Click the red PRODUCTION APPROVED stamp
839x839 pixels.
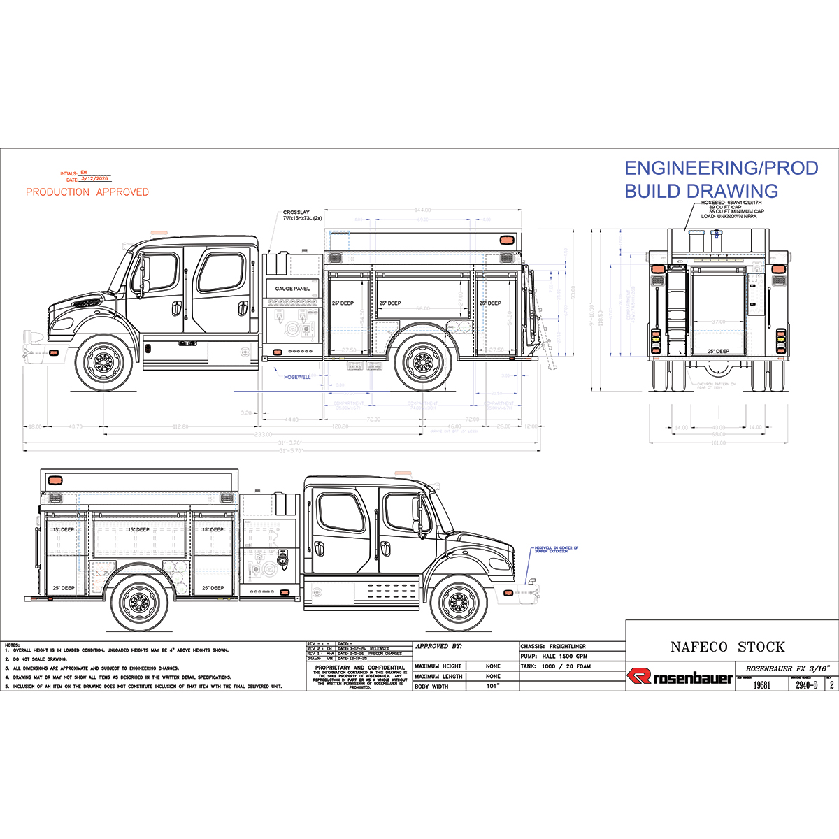tap(87, 192)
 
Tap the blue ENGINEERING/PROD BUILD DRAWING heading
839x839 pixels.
tap(720, 180)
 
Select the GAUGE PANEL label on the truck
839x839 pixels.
tap(292, 289)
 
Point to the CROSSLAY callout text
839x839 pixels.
tap(302, 215)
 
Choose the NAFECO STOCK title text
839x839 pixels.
tap(727, 647)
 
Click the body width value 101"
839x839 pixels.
tap(493, 687)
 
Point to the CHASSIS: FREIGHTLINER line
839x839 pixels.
tap(553, 647)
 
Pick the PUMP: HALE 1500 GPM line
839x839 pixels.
tap(554, 657)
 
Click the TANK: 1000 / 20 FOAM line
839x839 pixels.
tap(556, 666)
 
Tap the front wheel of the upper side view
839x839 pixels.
tap(103, 362)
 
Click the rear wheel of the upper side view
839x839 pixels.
tap(422, 362)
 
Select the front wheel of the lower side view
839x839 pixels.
tap(458, 602)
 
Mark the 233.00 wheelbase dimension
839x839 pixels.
tap(264, 435)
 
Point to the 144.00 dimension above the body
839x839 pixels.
tap(422, 210)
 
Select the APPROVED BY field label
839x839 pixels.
tap(438, 647)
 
